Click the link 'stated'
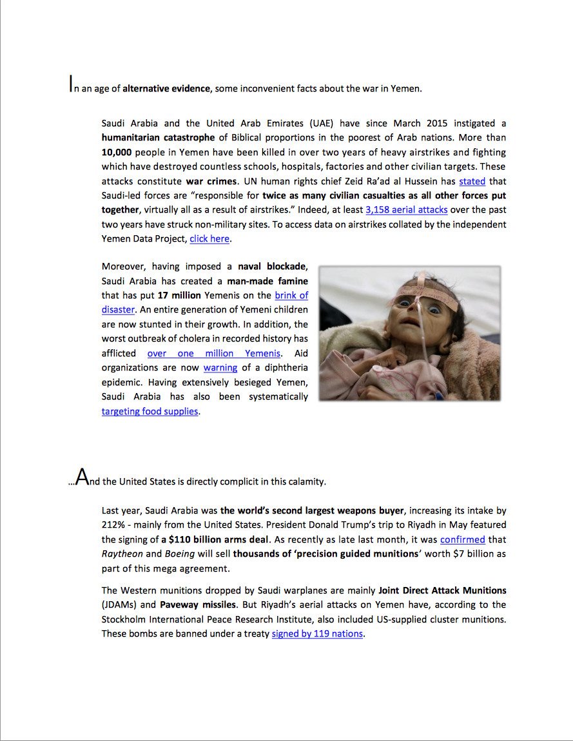pos(472,182)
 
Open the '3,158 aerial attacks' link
pos(406,209)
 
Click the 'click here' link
pos(209,238)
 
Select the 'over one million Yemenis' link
pos(214,353)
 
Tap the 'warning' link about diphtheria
pos(220,367)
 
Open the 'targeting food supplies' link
pos(150,411)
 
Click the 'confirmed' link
pos(462,539)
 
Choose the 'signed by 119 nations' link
pos(317,633)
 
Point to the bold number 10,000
pos(116,152)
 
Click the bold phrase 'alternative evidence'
pos(166,88)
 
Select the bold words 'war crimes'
pos(211,182)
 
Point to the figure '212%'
pos(113,525)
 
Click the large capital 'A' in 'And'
pos(82,477)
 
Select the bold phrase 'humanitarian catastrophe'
pos(158,137)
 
